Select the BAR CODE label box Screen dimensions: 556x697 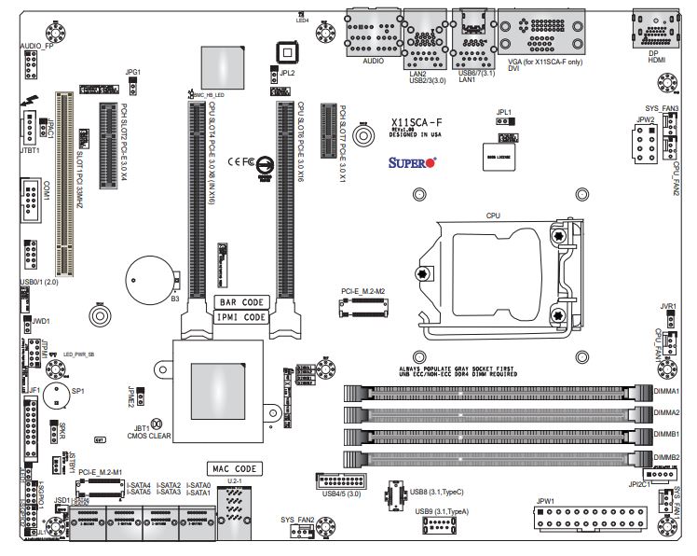(242, 302)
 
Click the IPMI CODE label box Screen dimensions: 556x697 (242, 317)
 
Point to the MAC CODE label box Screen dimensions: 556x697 (234, 468)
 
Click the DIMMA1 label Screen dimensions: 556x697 (666, 391)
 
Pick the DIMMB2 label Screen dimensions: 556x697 (666, 457)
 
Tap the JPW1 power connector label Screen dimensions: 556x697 (545, 502)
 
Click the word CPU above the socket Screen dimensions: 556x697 (494, 215)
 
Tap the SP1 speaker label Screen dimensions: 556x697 (78, 393)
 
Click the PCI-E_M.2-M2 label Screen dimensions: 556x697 (361, 290)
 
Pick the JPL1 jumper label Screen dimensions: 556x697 (503, 110)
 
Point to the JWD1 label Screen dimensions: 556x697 (40, 321)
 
